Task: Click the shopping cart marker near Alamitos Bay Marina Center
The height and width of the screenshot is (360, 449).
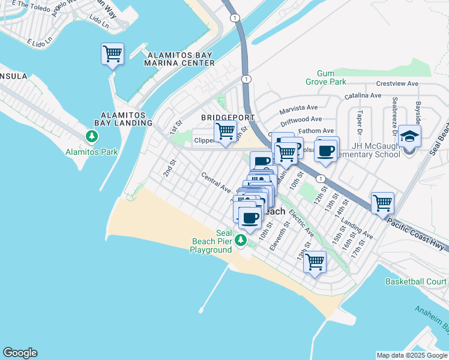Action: click(112, 55)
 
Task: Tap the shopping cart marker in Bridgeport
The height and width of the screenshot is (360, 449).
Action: click(225, 131)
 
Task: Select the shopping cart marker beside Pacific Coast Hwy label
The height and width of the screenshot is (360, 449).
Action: click(382, 203)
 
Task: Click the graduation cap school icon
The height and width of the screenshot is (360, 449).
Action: click(409, 138)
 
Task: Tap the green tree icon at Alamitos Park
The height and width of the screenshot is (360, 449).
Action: click(92, 137)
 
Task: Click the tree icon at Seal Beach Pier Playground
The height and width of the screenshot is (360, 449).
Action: click(241, 240)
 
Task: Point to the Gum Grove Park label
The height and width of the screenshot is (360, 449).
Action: click(332, 77)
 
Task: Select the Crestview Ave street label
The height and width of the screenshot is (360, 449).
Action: click(397, 85)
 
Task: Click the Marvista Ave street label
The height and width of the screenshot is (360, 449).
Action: click(298, 108)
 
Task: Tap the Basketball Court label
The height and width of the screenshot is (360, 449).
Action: click(416, 281)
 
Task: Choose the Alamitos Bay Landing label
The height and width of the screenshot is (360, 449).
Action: click(126, 118)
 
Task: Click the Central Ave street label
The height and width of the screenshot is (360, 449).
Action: click(216, 183)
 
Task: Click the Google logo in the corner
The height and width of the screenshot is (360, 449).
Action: click(20, 353)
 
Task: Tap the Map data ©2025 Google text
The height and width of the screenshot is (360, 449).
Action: click(411, 355)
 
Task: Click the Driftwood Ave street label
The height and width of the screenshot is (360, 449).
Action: click(304, 119)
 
